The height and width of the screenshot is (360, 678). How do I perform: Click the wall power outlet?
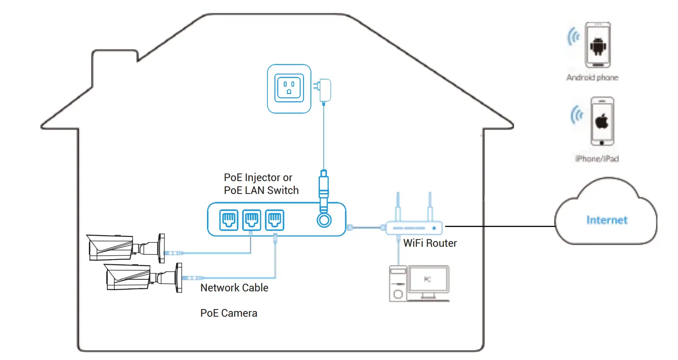point(289,89)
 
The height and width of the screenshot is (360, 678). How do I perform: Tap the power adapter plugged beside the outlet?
point(324,90)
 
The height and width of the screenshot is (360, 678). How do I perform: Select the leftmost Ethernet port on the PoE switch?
point(229,220)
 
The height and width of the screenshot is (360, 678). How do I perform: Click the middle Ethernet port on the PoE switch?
point(252,220)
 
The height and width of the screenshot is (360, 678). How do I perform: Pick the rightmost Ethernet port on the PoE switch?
point(274,220)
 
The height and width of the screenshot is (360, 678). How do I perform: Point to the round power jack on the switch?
point(324,221)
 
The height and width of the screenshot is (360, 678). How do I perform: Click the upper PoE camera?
point(125,248)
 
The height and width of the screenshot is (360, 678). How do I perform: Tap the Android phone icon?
point(598,45)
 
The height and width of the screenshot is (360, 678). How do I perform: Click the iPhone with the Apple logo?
point(602,121)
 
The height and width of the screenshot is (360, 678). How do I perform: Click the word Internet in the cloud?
point(607,220)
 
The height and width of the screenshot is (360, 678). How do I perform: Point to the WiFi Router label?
point(430,243)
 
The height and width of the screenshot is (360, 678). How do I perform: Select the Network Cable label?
point(234,288)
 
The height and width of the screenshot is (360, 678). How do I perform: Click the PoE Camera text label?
point(228,313)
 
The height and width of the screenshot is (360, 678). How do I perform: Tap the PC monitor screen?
point(428,280)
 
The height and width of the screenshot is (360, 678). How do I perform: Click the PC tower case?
point(398,283)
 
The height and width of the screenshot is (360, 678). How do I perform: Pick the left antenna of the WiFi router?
point(398,208)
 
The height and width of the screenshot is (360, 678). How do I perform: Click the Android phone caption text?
point(592,78)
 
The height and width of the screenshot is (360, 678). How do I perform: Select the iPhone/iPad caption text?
point(597,159)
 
